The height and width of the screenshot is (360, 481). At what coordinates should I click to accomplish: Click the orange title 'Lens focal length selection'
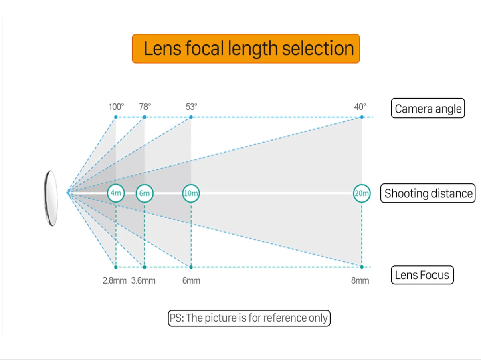click(246, 49)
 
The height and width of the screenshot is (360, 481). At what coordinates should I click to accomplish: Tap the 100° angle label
click(116, 107)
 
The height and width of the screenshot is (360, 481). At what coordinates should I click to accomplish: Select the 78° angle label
click(145, 107)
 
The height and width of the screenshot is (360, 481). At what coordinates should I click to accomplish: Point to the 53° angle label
click(191, 107)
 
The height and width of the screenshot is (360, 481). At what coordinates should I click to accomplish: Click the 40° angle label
click(360, 107)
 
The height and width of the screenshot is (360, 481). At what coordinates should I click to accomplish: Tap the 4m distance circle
click(116, 193)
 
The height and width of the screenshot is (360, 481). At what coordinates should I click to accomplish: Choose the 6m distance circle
click(144, 193)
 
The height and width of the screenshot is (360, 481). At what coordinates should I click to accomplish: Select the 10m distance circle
click(191, 193)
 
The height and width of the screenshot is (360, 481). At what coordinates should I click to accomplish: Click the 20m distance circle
click(361, 193)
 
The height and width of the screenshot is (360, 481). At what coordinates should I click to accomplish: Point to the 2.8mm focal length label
click(114, 280)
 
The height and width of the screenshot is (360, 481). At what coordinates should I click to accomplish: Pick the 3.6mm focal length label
click(143, 280)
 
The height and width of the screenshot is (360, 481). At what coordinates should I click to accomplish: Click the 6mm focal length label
click(191, 280)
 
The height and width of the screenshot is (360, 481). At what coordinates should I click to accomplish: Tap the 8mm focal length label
click(360, 280)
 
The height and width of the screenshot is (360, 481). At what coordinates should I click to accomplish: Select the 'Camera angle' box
click(428, 109)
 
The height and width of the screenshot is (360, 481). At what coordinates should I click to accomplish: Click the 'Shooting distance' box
click(428, 193)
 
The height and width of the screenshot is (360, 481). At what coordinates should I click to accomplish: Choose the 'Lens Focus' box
click(422, 275)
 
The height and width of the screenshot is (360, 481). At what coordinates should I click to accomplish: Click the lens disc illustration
click(51, 199)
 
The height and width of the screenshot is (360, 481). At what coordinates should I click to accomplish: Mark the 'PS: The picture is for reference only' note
click(249, 318)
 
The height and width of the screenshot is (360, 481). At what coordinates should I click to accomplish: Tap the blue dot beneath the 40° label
click(361, 117)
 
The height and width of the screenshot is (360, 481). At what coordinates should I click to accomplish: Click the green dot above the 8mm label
click(361, 267)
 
